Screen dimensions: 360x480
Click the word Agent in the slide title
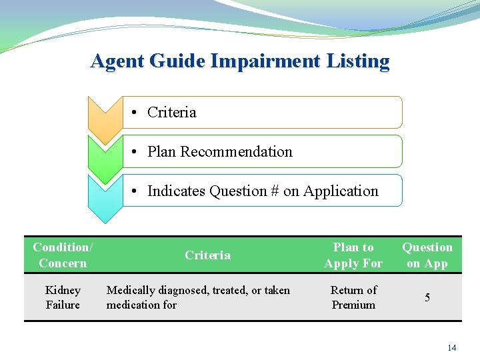(118, 61)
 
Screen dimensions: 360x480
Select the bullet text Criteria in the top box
(171, 113)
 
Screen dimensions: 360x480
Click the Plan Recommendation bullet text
(219, 152)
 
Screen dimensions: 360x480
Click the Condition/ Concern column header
(63, 255)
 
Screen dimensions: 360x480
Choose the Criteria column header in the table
(207, 255)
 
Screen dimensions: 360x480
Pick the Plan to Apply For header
(353, 255)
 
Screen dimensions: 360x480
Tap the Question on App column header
(427, 255)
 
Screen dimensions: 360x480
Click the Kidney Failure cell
(63, 297)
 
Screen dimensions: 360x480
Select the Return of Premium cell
(353, 297)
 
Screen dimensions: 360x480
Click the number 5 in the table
(427, 297)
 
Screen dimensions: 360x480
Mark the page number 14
(451, 348)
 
